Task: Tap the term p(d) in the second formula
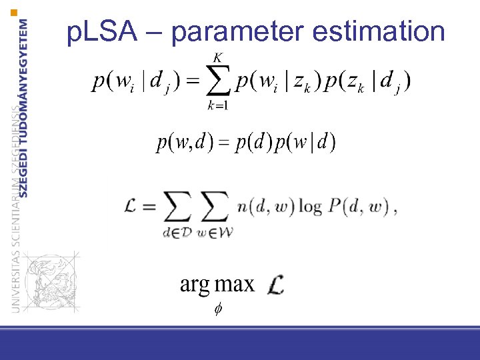255,143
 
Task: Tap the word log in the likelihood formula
310,207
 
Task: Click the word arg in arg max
195,285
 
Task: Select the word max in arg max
234,285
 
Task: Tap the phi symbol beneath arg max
217,309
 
